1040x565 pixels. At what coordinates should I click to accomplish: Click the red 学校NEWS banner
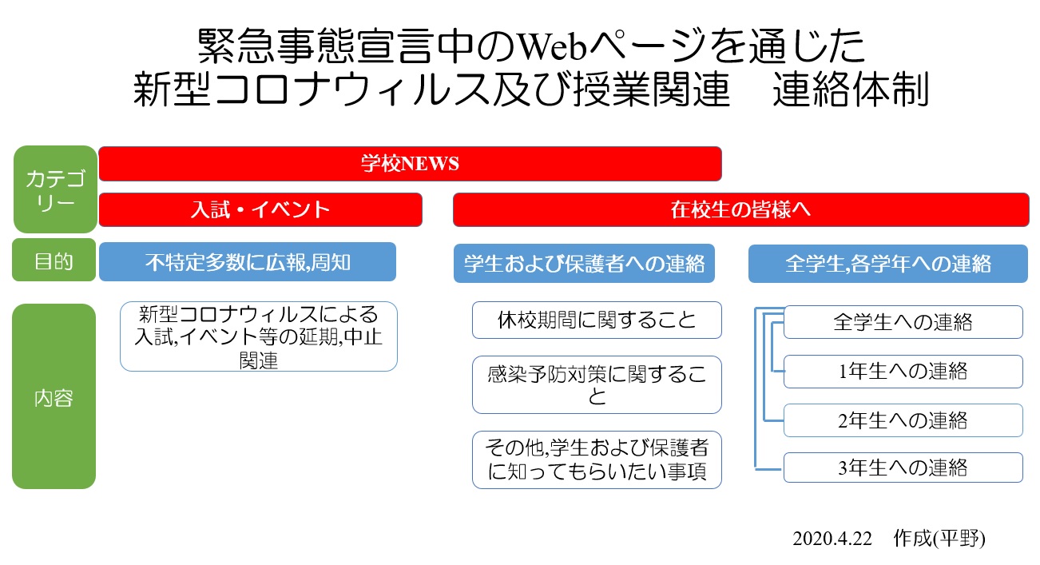point(410,164)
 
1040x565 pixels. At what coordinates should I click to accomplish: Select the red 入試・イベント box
point(260,209)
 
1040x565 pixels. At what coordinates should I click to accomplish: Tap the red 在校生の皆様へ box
point(741,209)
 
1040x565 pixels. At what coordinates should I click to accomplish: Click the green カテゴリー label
point(55,189)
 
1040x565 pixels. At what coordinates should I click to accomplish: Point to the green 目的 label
point(54,261)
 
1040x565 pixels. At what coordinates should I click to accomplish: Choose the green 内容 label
point(54,396)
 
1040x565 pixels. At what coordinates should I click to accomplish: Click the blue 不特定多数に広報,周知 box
point(248,261)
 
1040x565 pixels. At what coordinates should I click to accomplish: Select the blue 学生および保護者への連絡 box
point(584,264)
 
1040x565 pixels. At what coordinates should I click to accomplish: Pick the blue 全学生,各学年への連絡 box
point(888,264)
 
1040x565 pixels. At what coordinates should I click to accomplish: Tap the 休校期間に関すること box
point(597,320)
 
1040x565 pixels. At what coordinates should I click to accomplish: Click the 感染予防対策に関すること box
point(597,384)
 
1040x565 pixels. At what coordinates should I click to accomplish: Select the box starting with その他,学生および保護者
point(597,460)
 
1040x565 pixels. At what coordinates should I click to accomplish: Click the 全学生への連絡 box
point(903,322)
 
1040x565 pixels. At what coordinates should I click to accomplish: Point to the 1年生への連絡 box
point(903,372)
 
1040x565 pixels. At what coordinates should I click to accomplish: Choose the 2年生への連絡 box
point(903,420)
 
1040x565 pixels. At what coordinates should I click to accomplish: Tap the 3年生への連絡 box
point(903,468)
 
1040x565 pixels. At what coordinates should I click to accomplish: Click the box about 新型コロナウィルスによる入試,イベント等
point(259,336)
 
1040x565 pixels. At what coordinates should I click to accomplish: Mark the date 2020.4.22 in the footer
point(832,539)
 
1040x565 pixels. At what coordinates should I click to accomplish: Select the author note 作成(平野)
point(939,539)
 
